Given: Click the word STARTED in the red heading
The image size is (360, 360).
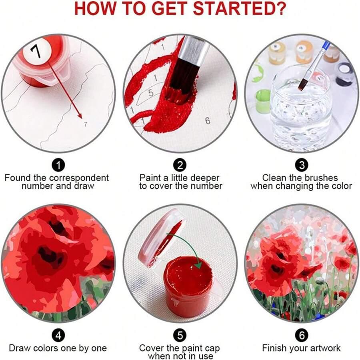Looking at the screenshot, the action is [239, 8].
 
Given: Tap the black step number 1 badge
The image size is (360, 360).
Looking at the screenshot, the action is [58, 165].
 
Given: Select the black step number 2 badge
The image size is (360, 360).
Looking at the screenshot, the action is [180, 165].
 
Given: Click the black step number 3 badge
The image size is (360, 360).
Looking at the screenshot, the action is [302, 165].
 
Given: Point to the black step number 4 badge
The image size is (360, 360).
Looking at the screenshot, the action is [58, 336].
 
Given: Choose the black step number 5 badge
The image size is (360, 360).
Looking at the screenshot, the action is [180, 336].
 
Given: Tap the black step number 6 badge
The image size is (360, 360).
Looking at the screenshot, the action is [302, 336].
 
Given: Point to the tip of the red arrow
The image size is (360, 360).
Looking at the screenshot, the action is [82, 118].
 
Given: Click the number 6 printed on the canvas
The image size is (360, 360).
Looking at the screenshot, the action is [207, 120].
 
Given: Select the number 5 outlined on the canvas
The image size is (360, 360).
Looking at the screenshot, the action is [151, 92].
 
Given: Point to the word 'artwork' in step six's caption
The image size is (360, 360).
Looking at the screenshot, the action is [324, 348].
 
